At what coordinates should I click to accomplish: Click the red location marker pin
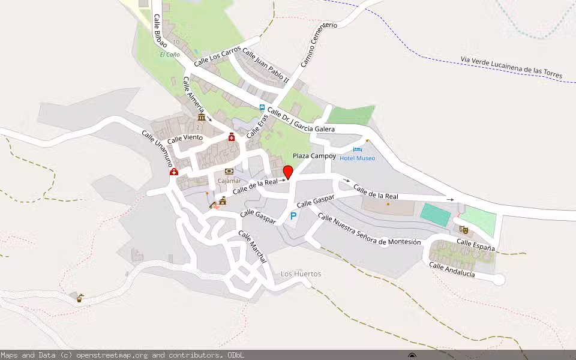288,172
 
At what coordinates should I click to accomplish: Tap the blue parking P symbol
293,216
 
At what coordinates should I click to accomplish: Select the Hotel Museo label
357,158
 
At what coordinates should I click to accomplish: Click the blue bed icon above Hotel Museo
358,149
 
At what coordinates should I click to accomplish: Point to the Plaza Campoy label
314,156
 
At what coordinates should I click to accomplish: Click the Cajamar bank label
229,181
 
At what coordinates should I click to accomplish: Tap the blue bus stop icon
262,107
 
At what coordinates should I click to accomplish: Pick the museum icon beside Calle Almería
201,117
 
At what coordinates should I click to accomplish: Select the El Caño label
169,55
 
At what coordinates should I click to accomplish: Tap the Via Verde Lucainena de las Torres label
511,67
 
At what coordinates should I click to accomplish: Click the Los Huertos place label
301,274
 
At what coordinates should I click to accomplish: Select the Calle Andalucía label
452,270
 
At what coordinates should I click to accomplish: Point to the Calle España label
476,245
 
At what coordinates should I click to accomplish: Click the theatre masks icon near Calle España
463,229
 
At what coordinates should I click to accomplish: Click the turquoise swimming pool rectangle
435,215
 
